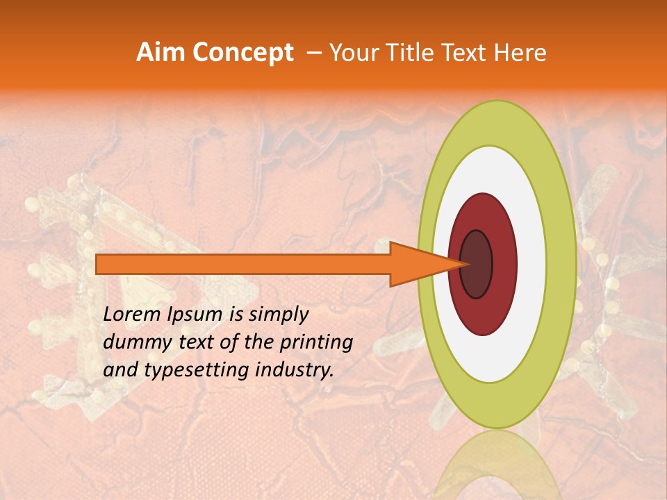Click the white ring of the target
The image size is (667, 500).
(x=532, y=264)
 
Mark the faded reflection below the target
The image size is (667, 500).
(x=497, y=465)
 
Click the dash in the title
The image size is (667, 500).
(x=313, y=53)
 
